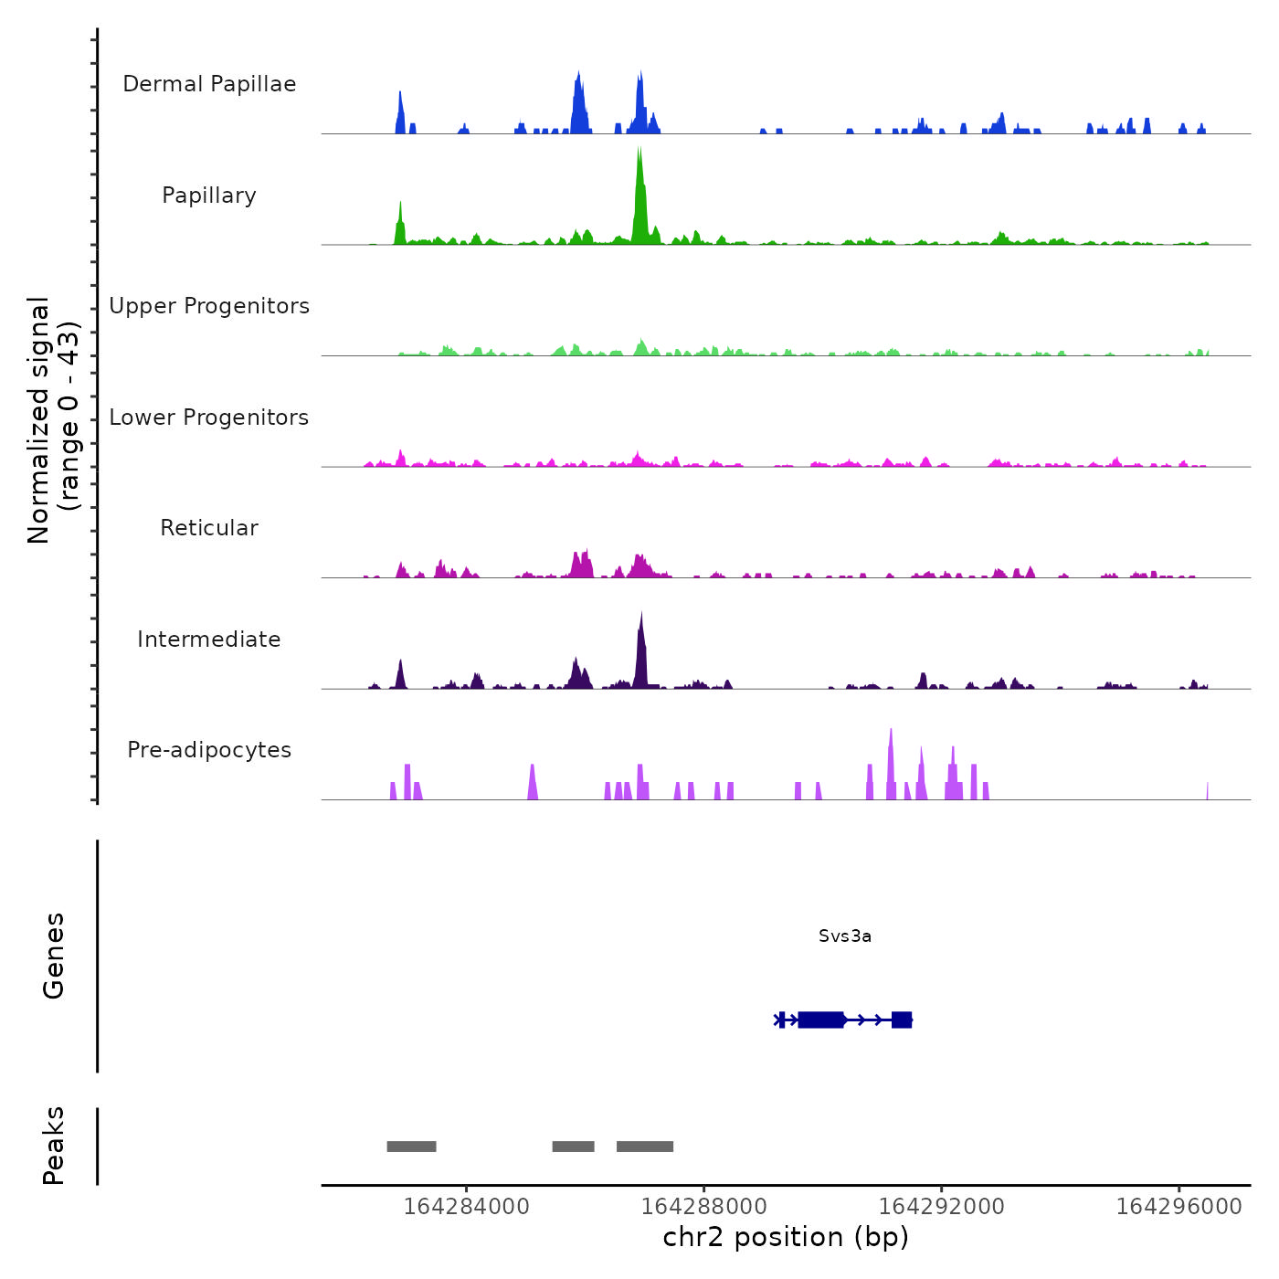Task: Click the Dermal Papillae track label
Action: pos(209,84)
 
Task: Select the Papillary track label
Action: pos(209,196)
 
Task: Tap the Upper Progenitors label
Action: pos(209,306)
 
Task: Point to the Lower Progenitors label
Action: pos(209,418)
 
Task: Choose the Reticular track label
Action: pos(209,528)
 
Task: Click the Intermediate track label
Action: pos(209,639)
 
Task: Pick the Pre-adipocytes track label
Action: pos(209,750)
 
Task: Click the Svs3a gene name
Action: pos(845,935)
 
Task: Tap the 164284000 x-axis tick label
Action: pos(466,1207)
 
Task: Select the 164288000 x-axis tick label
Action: pos(703,1207)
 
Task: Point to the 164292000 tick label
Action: pos(941,1207)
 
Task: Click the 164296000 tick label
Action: pos(1179,1207)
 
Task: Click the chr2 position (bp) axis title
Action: pos(786,1237)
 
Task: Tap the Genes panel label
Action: pos(54,956)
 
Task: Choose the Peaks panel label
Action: pos(54,1146)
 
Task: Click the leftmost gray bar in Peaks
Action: pos(411,1147)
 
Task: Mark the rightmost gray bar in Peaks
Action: pos(645,1147)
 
